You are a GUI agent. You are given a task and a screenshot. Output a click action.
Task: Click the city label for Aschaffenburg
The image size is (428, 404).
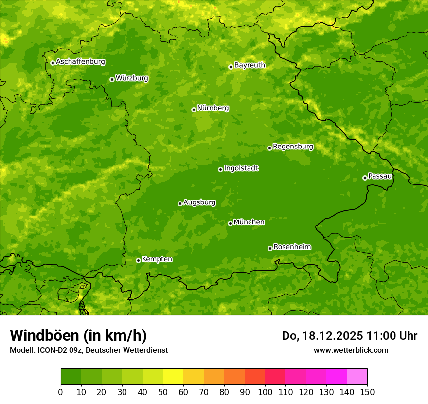[80, 62]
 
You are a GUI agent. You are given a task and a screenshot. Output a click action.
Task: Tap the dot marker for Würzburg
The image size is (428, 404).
[112, 79]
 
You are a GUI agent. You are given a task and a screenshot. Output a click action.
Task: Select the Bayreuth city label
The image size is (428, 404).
[250, 65]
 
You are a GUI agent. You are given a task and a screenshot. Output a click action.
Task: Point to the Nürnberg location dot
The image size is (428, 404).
[194, 110]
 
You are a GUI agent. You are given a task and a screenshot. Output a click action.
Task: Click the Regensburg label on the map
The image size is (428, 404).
[293, 146]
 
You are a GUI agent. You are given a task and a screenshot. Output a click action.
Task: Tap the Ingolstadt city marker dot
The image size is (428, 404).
[220, 169]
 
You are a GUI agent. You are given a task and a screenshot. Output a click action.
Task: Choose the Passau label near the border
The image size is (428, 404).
[380, 176]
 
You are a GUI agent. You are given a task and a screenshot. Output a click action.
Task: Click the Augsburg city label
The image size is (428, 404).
[199, 202]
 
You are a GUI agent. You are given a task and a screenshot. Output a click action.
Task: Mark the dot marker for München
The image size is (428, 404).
[230, 223]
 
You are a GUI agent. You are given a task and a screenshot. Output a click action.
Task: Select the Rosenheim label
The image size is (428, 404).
[292, 247]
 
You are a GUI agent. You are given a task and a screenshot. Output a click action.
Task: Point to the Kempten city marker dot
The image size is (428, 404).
[138, 260]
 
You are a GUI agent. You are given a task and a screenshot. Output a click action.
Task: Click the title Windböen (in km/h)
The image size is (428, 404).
[78, 335]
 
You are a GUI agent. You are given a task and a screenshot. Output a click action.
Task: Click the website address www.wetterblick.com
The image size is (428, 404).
[351, 350]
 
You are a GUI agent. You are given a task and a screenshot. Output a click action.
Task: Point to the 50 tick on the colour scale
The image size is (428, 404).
[163, 392]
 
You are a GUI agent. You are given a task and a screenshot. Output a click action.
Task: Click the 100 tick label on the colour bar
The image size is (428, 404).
[265, 392]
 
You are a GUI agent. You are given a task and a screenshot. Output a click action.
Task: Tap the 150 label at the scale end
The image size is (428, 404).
[367, 392]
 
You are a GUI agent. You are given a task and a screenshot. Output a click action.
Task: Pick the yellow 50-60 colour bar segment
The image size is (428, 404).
[173, 377]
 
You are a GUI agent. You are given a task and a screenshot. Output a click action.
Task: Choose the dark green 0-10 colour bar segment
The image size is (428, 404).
[71, 377]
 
